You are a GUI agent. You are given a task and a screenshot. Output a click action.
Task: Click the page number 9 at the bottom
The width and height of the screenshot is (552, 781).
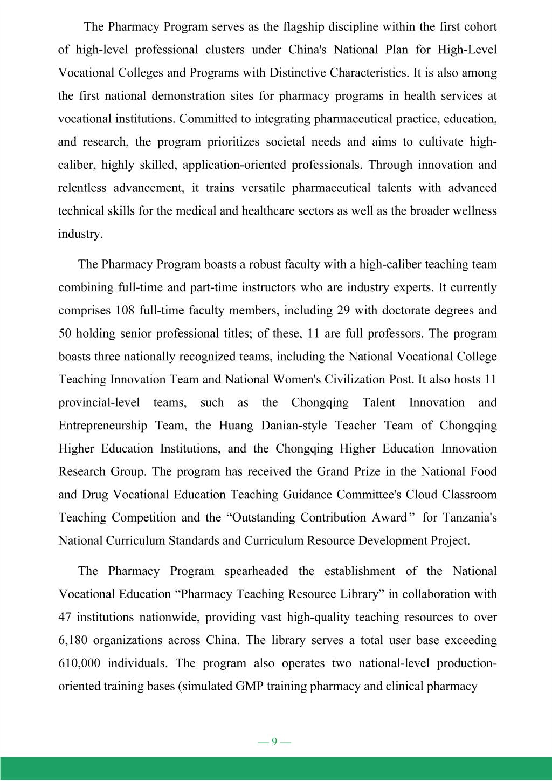[x=274, y=742]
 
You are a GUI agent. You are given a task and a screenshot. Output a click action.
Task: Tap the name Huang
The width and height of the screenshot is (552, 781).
[x=236, y=426]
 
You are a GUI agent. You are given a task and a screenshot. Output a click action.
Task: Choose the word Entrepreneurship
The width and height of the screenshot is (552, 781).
[x=102, y=426]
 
